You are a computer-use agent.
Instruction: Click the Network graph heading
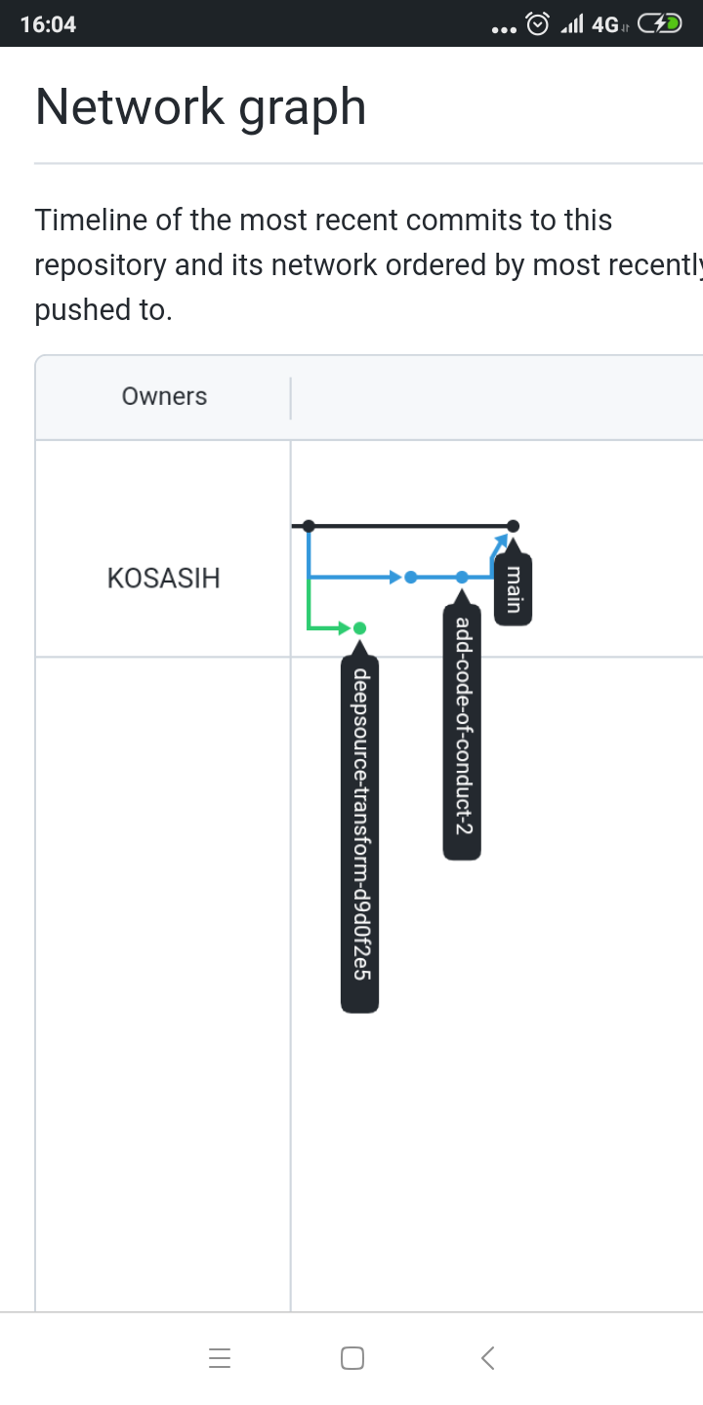pyautogui.click(x=200, y=107)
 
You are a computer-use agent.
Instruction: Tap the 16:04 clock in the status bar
pyautogui.click(x=48, y=24)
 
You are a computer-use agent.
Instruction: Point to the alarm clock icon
pyautogui.click(x=538, y=24)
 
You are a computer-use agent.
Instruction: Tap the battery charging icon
pyautogui.click(x=660, y=24)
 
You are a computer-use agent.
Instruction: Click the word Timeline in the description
pyautogui.click(x=91, y=221)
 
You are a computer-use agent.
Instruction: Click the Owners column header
pyautogui.click(x=164, y=396)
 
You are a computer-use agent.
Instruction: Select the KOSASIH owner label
pyautogui.click(x=164, y=579)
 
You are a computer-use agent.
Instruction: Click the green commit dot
pyautogui.click(x=359, y=627)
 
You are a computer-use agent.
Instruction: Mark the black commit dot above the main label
pyautogui.click(x=514, y=526)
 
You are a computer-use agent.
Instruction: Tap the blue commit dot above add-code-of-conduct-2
pyautogui.click(x=462, y=577)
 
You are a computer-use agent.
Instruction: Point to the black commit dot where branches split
pyautogui.click(x=309, y=526)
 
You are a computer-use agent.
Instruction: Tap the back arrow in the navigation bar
pyautogui.click(x=488, y=1357)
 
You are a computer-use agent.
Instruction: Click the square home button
pyautogui.click(x=352, y=1358)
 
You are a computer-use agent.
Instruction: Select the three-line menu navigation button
pyautogui.click(x=220, y=1358)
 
